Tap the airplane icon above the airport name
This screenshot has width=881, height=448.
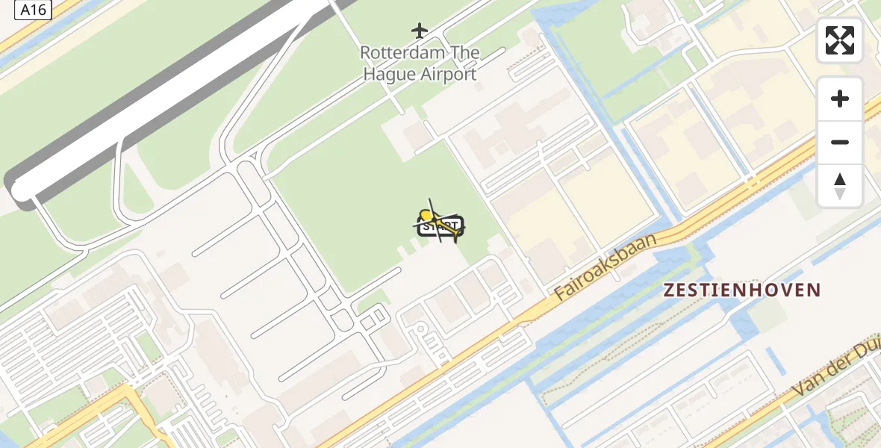[x=420, y=31]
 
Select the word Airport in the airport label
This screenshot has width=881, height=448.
[x=446, y=74]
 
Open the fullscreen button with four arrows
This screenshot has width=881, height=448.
[x=840, y=40]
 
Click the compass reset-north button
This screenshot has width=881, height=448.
[x=840, y=186]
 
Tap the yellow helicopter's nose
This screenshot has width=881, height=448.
[x=426, y=216]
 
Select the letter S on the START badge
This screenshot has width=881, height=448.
[x=426, y=226]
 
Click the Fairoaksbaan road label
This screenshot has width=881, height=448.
[x=606, y=267]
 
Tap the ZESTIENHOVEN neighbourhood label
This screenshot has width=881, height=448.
[x=743, y=290]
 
